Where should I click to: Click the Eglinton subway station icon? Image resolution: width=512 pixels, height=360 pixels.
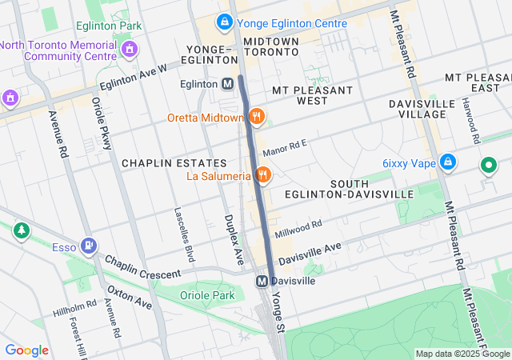228,83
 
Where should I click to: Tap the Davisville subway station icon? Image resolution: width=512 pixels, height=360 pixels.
262,281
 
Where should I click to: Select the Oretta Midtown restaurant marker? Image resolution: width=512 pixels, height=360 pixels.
256,117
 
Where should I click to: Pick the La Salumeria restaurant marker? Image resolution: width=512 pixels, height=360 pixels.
263,174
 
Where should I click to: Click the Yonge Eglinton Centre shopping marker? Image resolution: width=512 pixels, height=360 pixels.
225,22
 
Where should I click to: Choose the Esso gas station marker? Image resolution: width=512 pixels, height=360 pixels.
90,246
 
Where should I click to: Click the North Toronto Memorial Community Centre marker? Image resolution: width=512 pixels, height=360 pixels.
129,51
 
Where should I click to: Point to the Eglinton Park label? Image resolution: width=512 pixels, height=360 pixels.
109,26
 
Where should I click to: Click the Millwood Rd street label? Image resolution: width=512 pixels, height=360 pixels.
298,229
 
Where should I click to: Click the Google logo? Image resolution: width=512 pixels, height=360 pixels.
26,350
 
